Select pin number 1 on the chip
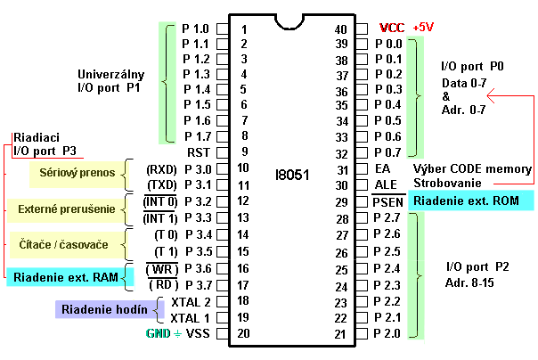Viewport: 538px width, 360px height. [x=243, y=29]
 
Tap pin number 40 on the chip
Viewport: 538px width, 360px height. [x=339, y=29]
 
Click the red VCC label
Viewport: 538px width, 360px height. [x=393, y=28]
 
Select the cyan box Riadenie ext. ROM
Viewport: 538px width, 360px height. [x=466, y=201]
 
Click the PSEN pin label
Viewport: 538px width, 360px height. [x=388, y=203]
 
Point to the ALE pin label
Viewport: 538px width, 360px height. [x=385, y=184]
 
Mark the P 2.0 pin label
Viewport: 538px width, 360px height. [x=389, y=333]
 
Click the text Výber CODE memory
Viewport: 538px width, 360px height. [x=472, y=169]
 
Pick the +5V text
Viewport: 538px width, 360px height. [x=424, y=28]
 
